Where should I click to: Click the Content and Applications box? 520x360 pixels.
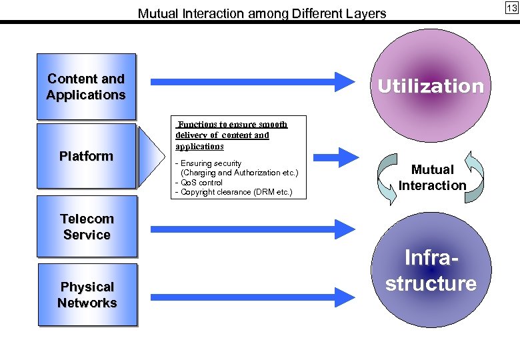(86, 87)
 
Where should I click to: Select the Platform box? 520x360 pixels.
(86, 156)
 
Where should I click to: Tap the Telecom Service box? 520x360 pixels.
(87, 227)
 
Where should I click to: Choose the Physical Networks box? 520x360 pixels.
(87, 295)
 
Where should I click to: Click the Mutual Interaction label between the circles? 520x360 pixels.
(432, 177)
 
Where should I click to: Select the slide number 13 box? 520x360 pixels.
(511, 8)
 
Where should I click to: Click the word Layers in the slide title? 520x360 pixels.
(368, 13)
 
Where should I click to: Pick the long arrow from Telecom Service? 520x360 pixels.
(253, 229)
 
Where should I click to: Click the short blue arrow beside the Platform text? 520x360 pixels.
(343, 157)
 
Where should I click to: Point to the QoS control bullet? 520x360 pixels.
(199, 183)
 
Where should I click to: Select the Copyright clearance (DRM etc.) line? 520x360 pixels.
(233, 193)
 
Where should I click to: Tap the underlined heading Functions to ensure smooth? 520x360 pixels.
(232, 125)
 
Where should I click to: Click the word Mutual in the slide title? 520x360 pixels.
(157, 13)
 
